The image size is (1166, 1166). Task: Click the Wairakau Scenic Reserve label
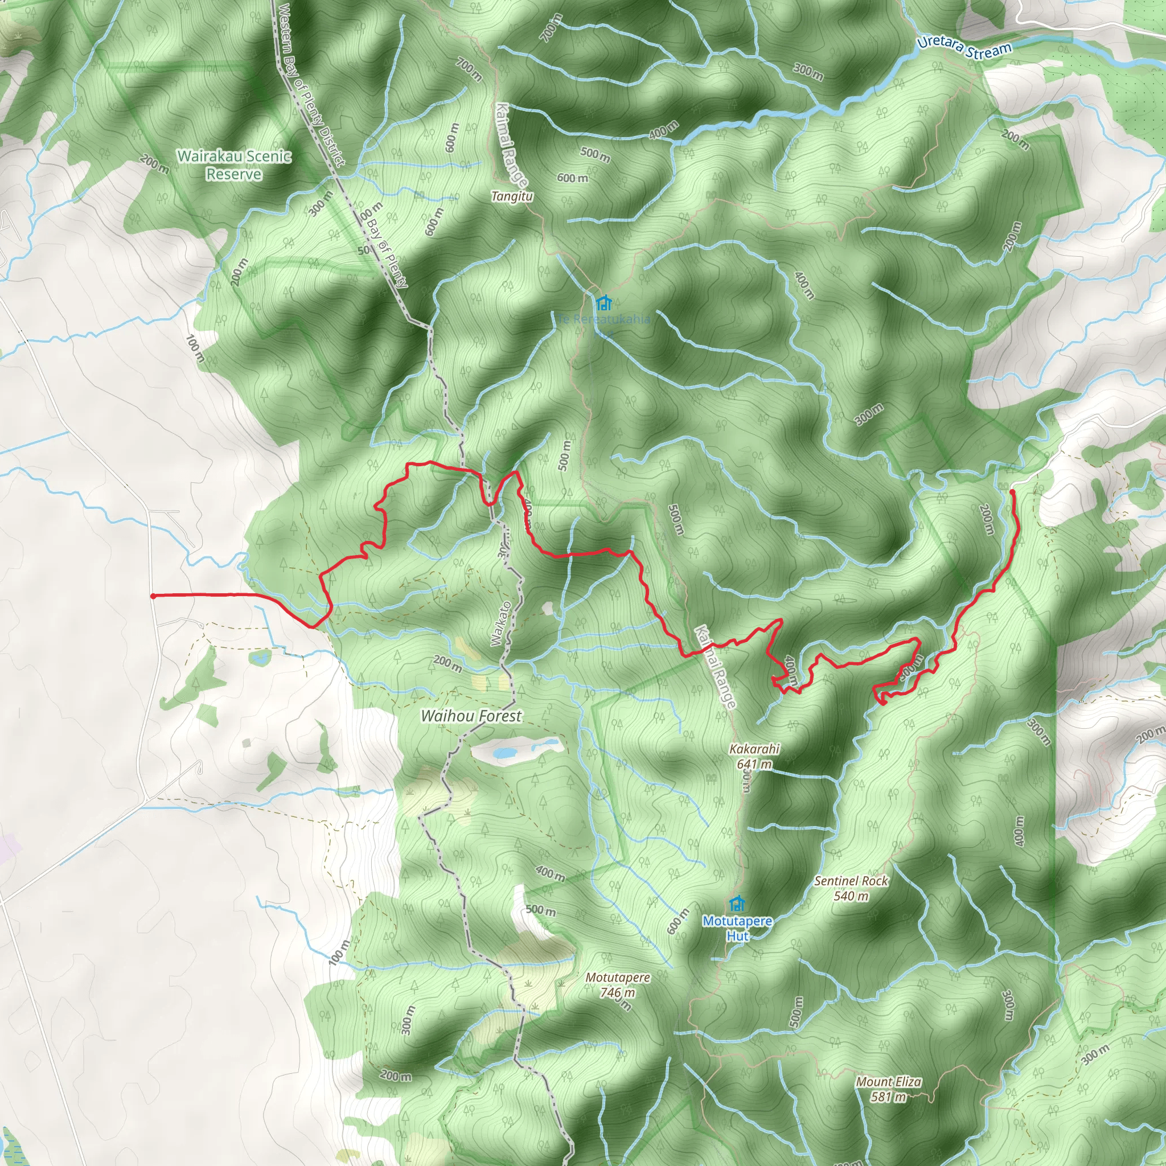[234, 165]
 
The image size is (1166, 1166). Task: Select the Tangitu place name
[512, 196]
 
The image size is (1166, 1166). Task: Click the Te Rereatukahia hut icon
[603, 302]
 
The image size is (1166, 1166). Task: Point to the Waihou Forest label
[471, 716]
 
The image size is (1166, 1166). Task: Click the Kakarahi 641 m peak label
[754, 756]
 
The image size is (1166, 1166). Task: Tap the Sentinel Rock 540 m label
[851, 888]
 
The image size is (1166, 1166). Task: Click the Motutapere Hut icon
[736, 904]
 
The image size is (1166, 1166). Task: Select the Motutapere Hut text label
[737, 928]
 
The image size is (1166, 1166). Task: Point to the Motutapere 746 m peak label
[618, 985]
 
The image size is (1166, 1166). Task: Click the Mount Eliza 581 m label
[888, 1089]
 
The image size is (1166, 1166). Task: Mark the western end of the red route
[153, 596]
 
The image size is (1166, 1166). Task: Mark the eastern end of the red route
[1012, 492]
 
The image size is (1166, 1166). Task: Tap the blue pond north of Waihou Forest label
[504, 753]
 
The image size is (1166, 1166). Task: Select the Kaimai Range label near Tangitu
[511, 145]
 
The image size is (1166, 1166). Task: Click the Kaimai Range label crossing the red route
[715, 667]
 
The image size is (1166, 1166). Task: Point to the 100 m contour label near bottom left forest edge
[340, 952]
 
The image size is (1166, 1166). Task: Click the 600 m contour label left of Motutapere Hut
[678, 922]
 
